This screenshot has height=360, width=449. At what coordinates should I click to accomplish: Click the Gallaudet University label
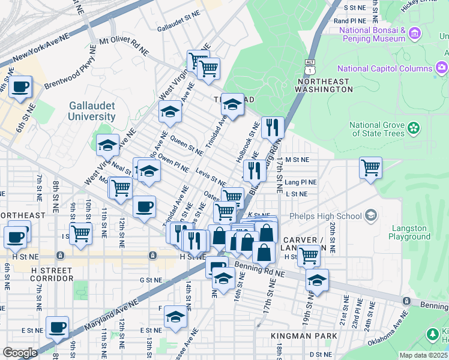click(91, 110)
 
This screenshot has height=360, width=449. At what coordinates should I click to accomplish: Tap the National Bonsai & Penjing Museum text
click(372, 34)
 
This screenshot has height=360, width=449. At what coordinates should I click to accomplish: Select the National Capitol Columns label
click(384, 68)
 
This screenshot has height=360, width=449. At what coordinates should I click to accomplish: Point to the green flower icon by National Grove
click(413, 128)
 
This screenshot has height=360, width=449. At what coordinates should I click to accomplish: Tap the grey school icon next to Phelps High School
click(372, 215)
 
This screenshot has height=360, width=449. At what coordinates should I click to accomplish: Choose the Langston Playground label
click(410, 232)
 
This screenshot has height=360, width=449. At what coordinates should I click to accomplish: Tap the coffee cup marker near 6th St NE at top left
click(20, 88)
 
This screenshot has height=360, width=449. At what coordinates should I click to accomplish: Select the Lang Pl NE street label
click(301, 182)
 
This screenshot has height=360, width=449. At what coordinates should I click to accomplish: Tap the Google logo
click(20, 353)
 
